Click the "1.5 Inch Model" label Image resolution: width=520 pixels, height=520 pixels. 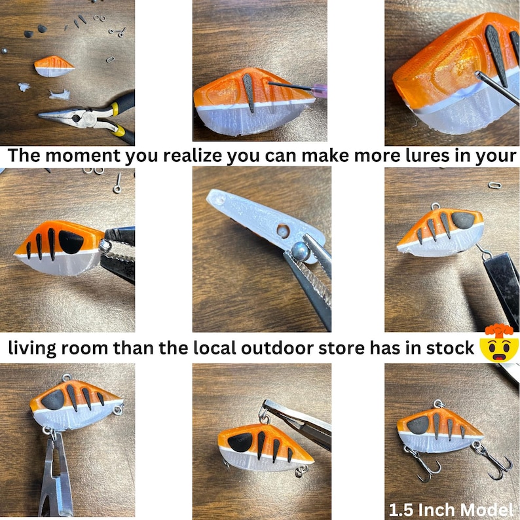(451, 509)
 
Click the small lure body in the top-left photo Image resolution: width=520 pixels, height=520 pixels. (54, 65)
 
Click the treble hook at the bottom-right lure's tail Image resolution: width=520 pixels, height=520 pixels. (495, 462)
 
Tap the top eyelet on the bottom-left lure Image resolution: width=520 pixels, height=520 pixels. (64, 379)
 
